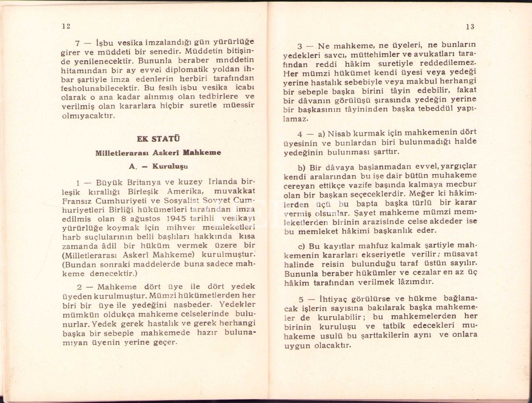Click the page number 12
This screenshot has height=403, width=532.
(66, 26)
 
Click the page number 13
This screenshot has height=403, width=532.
(469, 27)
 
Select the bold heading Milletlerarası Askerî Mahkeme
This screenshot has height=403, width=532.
(158, 153)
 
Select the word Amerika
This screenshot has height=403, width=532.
(185, 192)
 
